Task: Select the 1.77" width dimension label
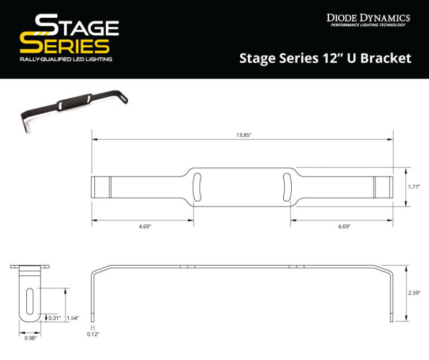click(x=414, y=187)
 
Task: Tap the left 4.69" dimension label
click(x=143, y=226)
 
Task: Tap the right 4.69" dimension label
click(x=344, y=226)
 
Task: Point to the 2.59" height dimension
click(x=414, y=293)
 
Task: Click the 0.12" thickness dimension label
click(x=93, y=334)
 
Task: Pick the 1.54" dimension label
click(x=73, y=318)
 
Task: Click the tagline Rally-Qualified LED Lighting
click(x=65, y=59)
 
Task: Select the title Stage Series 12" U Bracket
click(x=324, y=58)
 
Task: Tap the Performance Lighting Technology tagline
click(x=368, y=25)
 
